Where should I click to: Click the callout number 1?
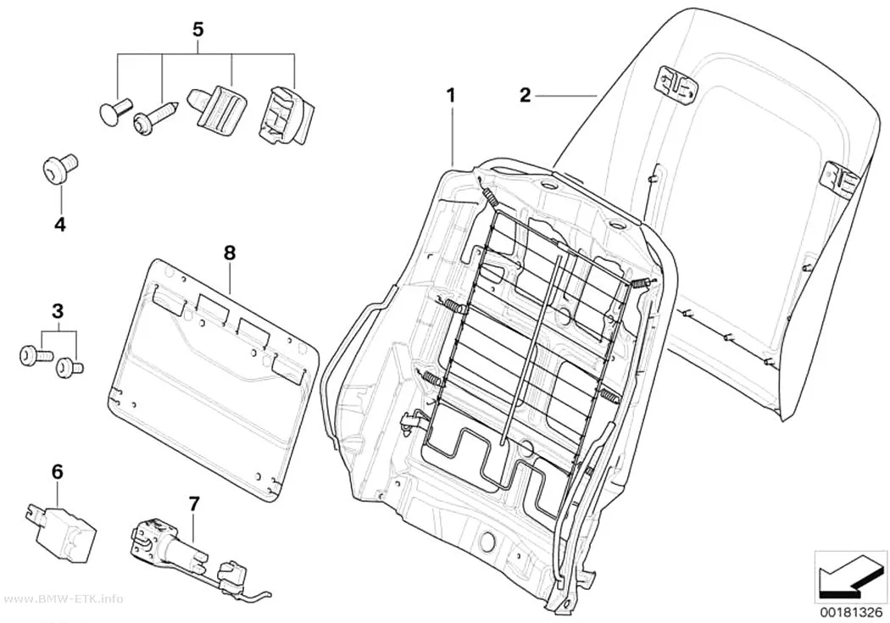451,95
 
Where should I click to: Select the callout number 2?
525,95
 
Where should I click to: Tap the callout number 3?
58,312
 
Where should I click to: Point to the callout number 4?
59,225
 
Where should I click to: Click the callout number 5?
197,30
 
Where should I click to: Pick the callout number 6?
58,471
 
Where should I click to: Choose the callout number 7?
194,503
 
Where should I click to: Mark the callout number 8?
230,253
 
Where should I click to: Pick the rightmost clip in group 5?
286,114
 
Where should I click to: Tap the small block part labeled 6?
60,524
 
